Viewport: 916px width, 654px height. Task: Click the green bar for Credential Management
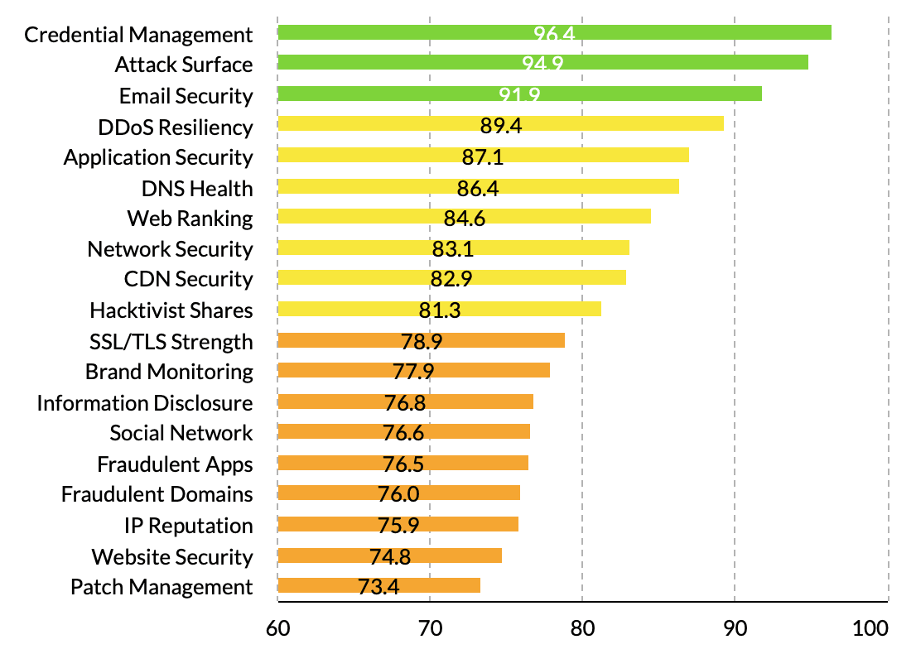tap(554, 33)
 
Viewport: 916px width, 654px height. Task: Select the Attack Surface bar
tap(542, 63)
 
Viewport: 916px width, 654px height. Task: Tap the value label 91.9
tap(519, 95)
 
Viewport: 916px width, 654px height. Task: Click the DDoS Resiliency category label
tap(175, 127)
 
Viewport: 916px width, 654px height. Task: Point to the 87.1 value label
tap(483, 157)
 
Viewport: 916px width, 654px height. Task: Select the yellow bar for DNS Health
tap(478, 186)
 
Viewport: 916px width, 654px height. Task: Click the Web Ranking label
tap(190, 219)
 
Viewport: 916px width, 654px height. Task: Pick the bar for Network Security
tap(453, 248)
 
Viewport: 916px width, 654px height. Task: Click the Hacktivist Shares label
tap(171, 310)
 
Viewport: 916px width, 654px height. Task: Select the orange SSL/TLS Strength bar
tap(421, 340)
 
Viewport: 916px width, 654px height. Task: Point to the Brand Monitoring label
tap(169, 372)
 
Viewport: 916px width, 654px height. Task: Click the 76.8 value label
tap(405, 403)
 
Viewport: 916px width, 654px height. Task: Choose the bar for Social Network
tap(403, 431)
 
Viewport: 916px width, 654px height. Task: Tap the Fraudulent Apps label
tap(175, 464)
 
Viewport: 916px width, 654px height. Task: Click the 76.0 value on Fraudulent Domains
tap(398, 495)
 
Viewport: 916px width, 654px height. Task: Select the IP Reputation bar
tap(398, 524)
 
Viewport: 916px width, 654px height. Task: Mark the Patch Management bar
tap(378, 585)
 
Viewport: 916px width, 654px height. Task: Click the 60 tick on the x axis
tap(277, 628)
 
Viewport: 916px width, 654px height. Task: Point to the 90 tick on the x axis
tap(735, 628)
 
